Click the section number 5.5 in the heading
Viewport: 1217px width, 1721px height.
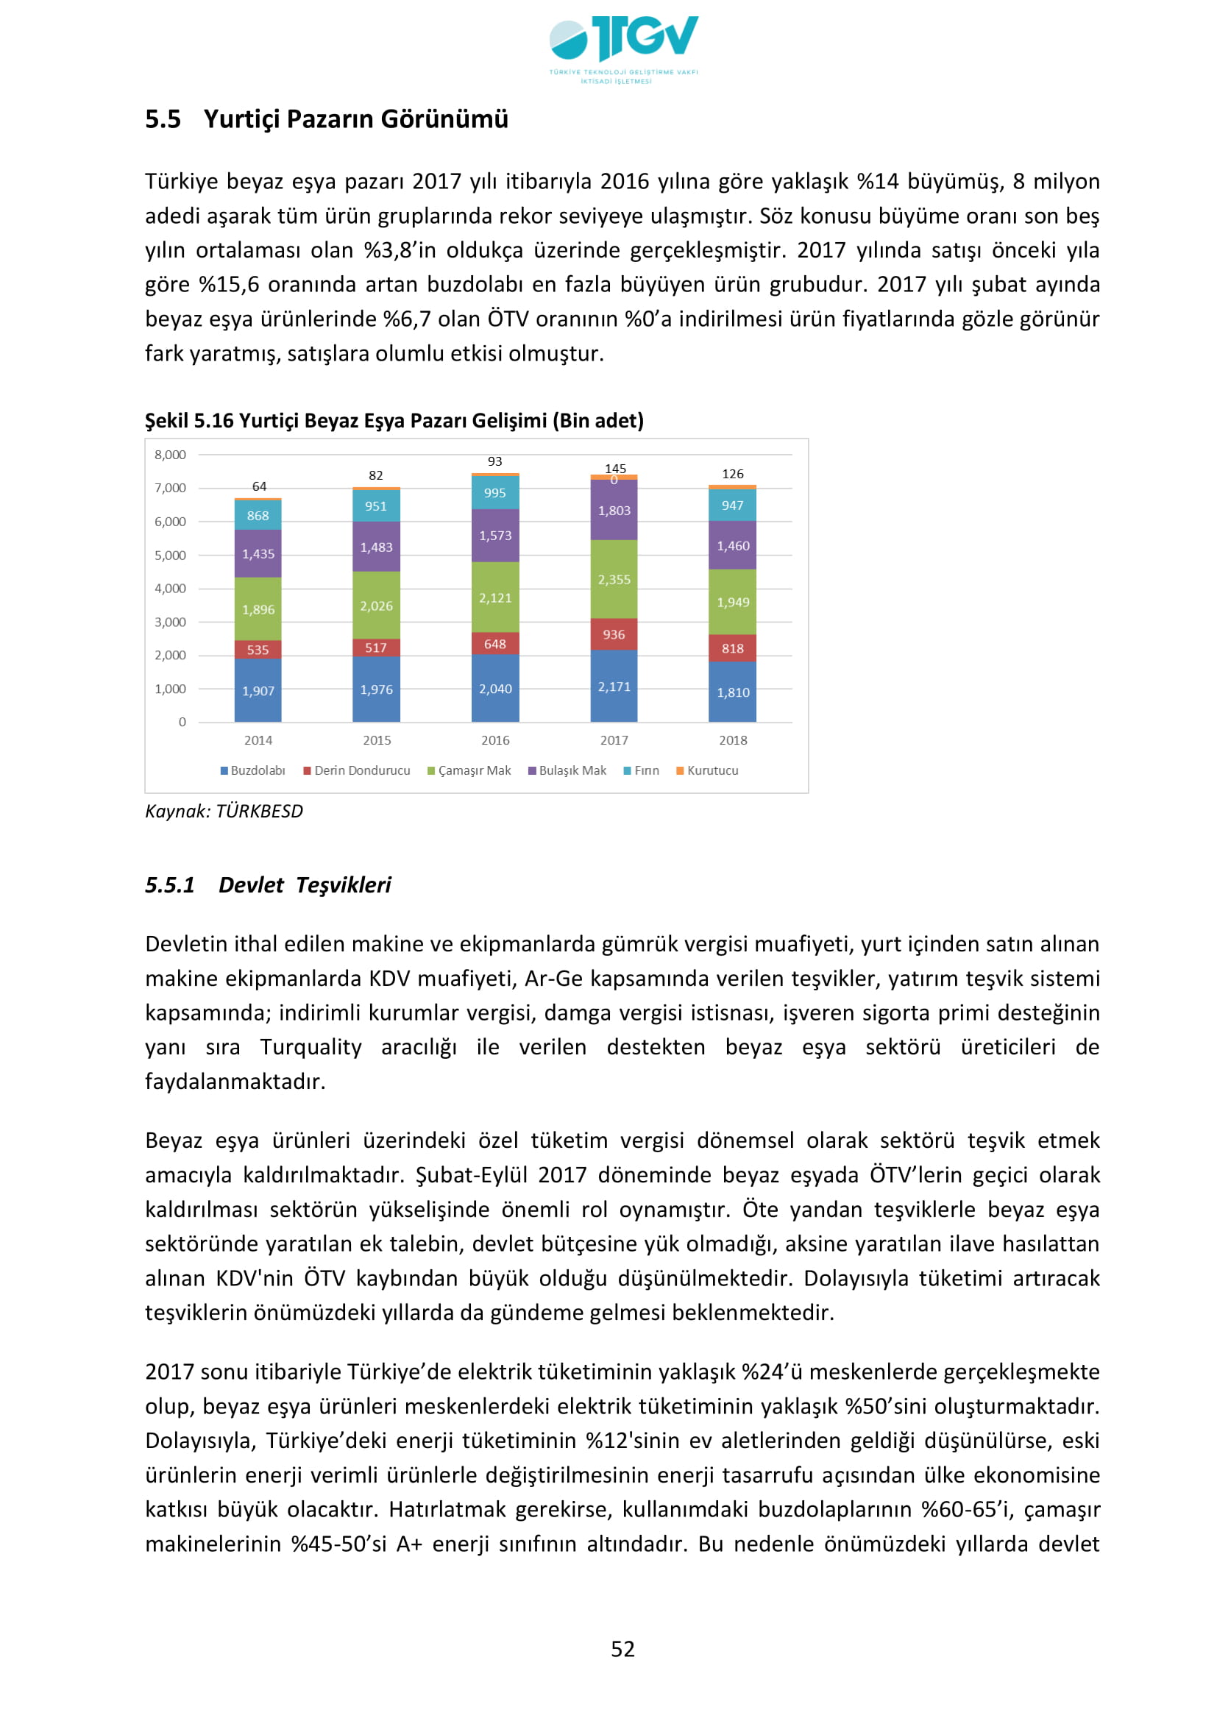pyautogui.click(x=163, y=119)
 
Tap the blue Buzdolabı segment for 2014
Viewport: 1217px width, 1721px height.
pyautogui.click(x=258, y=690)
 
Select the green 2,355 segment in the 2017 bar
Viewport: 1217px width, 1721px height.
pyautogui.click(x=614, y=579)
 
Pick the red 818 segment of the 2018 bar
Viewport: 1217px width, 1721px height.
pyautogui.click(x=732, y=648)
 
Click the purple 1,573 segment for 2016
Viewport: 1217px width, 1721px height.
pyautogui.click(x=495, y=536)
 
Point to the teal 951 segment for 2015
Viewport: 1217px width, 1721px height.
pyautogui.click(x=376, y=506)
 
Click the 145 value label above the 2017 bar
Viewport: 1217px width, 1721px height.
pyautogui.click(x=615, y=469)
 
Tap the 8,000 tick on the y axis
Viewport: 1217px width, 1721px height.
pyautogui.click(x=170, y=455)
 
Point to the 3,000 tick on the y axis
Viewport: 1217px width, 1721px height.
pyautogui.click(x=170, y=622)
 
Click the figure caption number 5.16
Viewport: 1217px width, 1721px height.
pyautogui.click(x=213, y=422)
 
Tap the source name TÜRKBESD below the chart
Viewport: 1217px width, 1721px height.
pyautogui.click(x=259, y=812)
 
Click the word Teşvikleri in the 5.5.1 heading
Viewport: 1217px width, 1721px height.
pyautogui.click(x=343, y=885)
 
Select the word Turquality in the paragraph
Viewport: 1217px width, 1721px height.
pyautogui.click(x=311, y=1047)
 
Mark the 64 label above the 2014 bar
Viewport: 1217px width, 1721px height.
pyautogui.click(x=259, y=486)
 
